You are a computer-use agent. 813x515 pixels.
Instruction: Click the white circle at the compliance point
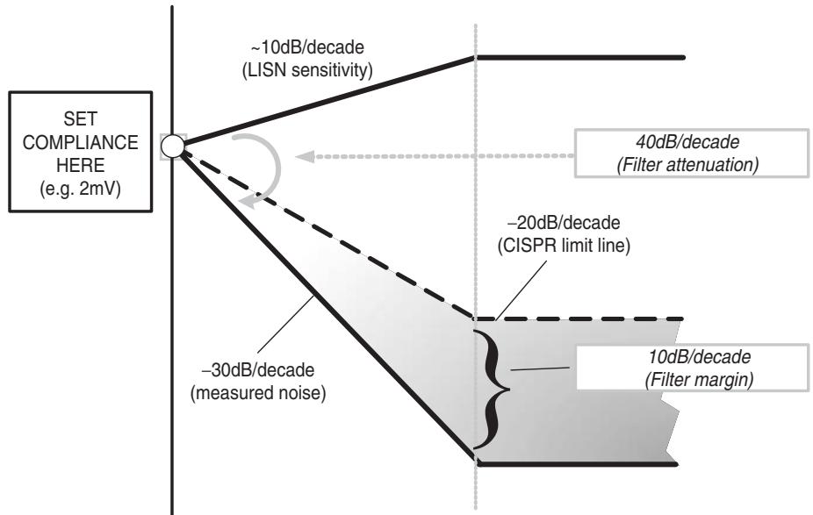click(x=173, y=147)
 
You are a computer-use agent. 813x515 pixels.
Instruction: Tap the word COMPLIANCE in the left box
click(x=81, y=142)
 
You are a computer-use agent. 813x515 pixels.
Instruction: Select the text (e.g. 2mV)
click(x=81, y=189)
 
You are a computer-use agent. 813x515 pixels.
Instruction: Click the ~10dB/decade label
click(x=307, y=47)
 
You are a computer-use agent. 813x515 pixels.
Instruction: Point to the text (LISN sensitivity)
click(x=307, y=70)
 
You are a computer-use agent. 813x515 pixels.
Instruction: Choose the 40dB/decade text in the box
click(x=687, y=142)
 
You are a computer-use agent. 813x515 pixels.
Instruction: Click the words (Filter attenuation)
click(x=687, y=165)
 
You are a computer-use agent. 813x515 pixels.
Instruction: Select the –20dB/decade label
click(x=564, y=223)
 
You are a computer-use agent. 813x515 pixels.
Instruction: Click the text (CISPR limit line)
click(x=564, y=246)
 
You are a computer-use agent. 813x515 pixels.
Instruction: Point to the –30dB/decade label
click(x=258, y=370)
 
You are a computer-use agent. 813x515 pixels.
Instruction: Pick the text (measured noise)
click(x=258, y=393)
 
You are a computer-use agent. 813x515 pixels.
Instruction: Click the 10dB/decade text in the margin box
click(x=699, y=357)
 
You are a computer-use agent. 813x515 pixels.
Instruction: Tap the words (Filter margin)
click(x=699, y=380)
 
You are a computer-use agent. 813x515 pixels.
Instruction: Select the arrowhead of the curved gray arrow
click(x=252, y=202)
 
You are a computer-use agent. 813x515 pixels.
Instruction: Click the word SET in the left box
click(x=81, y=119)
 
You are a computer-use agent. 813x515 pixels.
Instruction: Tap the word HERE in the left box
click(x=81, y=165)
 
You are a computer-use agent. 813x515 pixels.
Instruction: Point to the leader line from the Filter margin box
click(x=540, y=368)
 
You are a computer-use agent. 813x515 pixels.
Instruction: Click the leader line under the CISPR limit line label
click(x=520, y=290)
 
